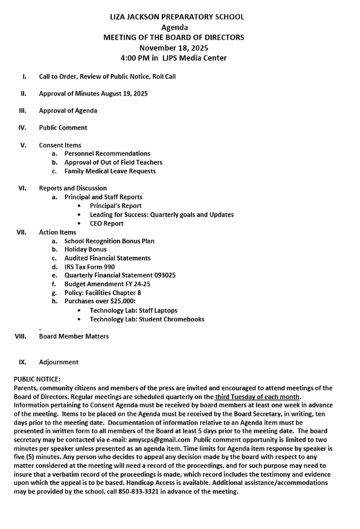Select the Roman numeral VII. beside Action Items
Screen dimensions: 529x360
[x=20, y=232]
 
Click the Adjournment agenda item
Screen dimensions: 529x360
[x=59, y=362]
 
